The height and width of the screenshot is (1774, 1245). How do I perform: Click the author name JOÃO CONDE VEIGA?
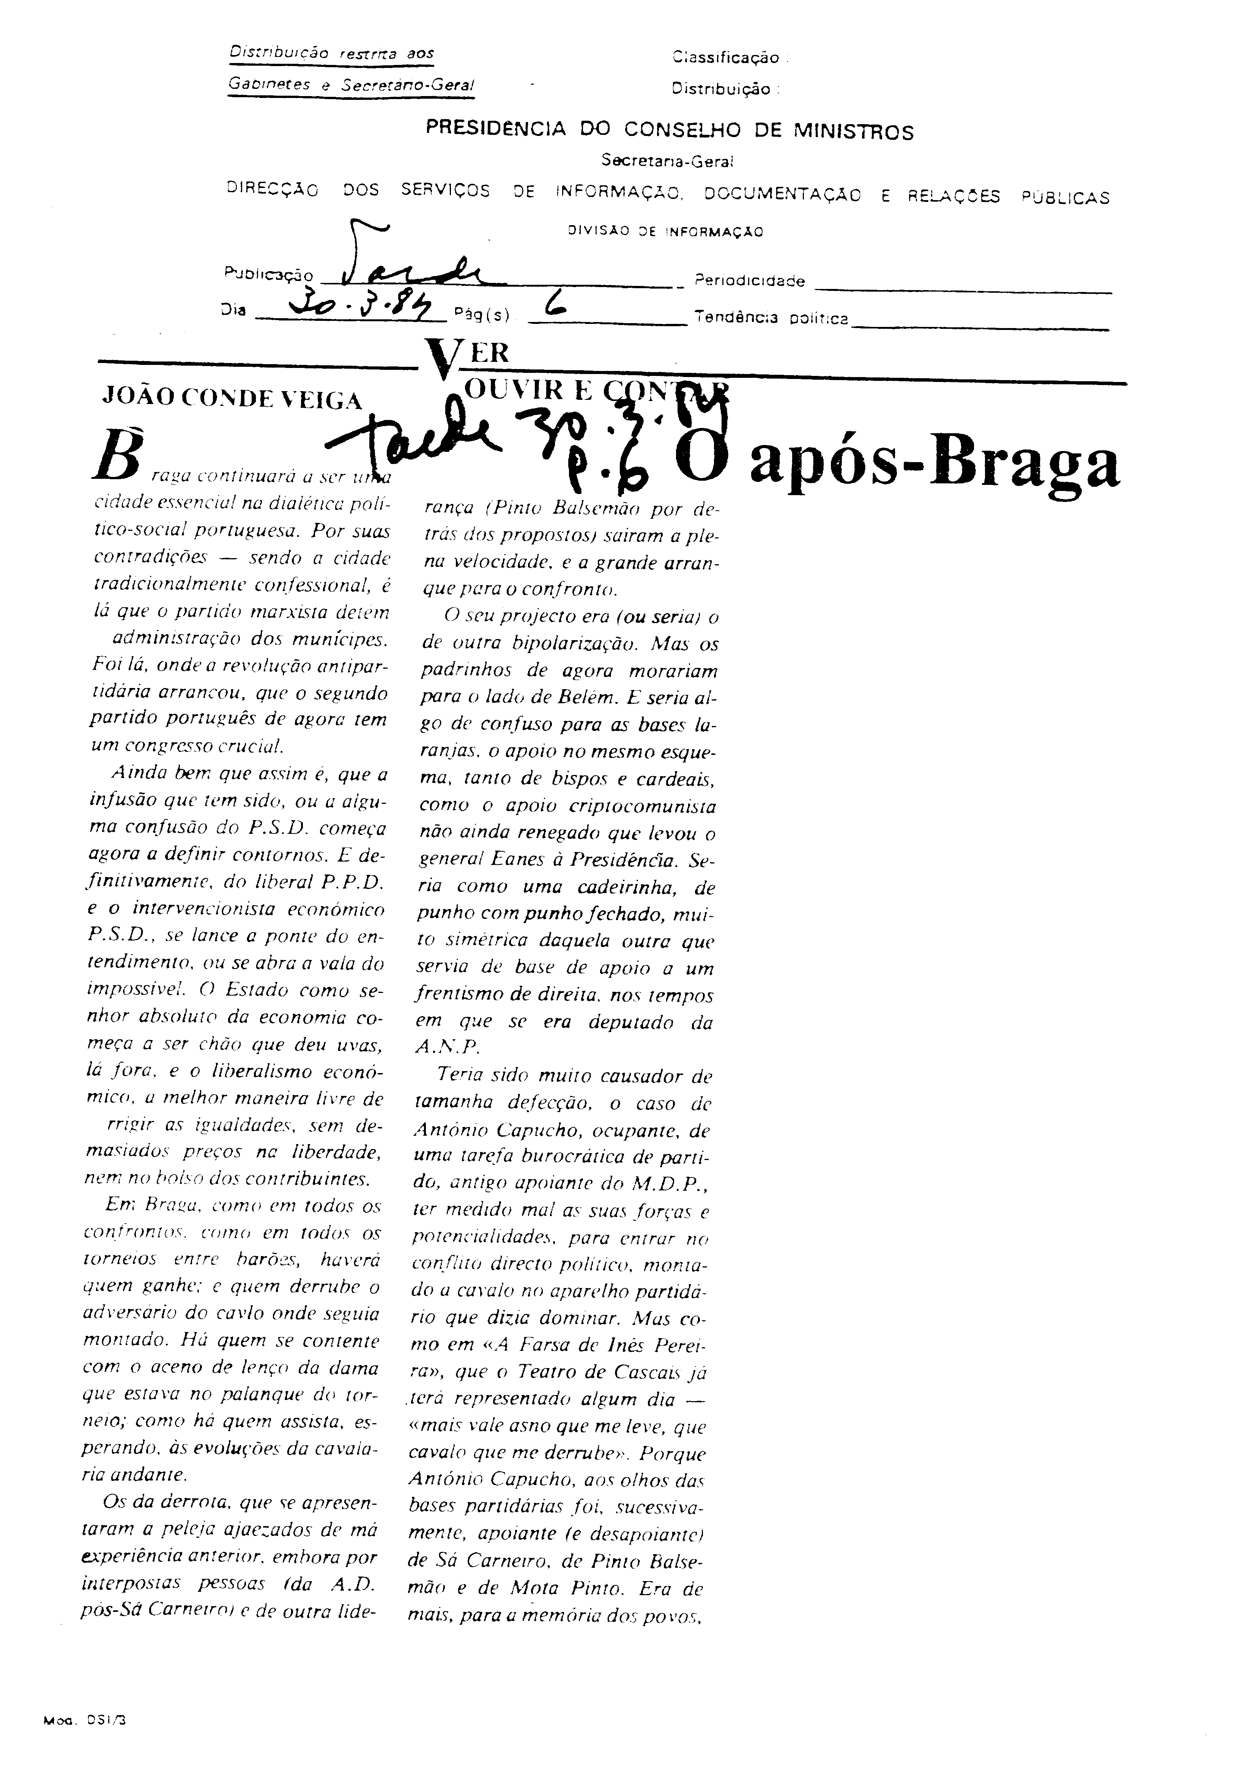232,399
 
